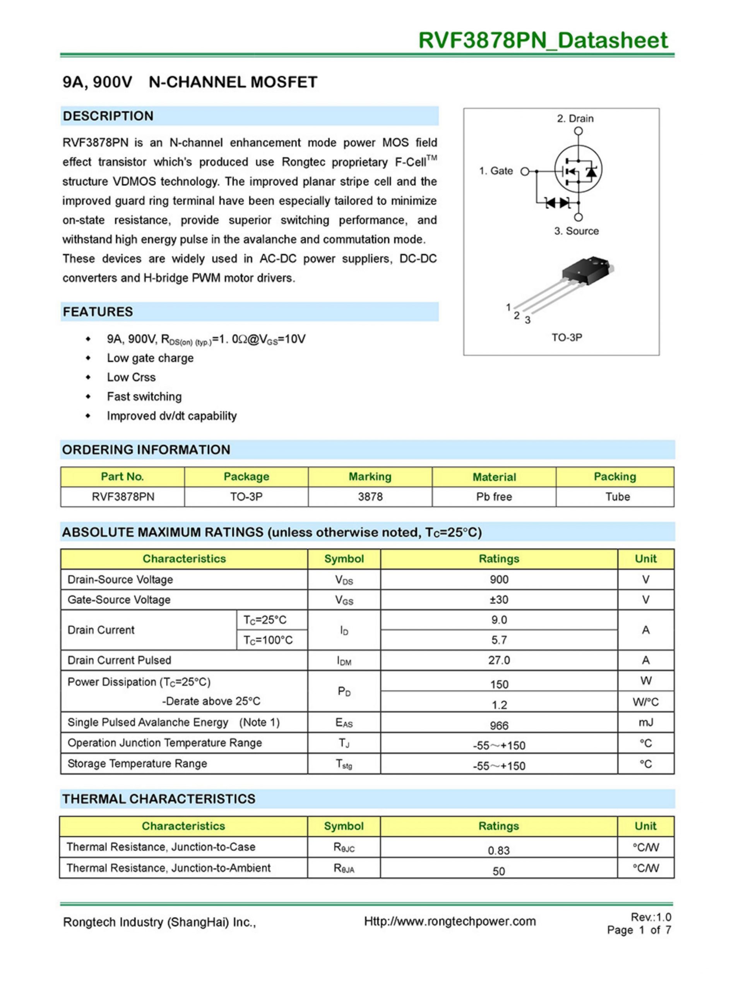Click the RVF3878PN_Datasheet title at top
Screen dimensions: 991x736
543,41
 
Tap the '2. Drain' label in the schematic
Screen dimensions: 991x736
575,118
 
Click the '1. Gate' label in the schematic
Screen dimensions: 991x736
496,171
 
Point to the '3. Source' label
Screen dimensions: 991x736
576,231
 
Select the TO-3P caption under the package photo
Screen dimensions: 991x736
567,337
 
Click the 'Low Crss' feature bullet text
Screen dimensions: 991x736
131,377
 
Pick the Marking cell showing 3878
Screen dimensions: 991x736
370,497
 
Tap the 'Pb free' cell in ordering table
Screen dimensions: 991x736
494,497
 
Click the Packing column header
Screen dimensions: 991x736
615,477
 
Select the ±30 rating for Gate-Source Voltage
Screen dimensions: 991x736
499,600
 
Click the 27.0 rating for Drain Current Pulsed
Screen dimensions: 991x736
499,660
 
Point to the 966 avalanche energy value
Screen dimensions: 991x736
499,725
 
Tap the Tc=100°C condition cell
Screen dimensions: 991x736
268,640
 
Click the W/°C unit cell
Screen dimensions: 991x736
645,702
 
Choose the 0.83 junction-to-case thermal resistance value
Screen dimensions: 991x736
498,850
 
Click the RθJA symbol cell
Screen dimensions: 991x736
344,868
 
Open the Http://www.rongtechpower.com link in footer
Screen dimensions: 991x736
450,921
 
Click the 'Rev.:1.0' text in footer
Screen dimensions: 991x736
650,917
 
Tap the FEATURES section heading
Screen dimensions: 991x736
98,312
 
